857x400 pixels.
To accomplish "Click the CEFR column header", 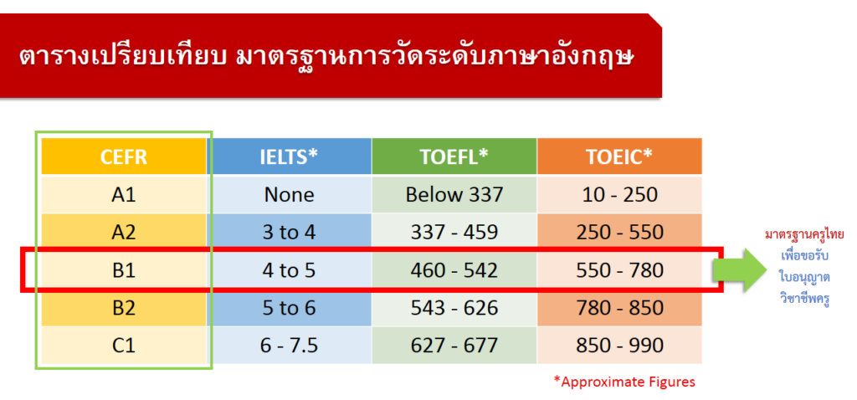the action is click(x=125, y=156).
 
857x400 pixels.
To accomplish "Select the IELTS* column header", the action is click(x=289, y=156).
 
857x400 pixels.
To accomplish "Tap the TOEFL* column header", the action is click(x=454, y=156).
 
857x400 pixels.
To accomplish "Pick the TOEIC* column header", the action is click(x=619, y=156).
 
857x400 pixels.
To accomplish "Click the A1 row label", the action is click(x=125, y=194).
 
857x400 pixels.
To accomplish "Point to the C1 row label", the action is click(x=125, y=346).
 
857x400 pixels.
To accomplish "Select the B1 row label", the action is click(x=125, y=270).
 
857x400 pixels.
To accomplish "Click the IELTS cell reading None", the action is click(x=289, y=194).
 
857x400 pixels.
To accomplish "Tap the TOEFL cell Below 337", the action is click(x=454, y=194).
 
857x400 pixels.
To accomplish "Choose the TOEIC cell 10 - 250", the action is click(x=619, y=194).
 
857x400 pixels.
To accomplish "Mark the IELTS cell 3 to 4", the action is click(x=289, y=233).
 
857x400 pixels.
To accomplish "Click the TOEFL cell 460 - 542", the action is click(x=454, y=270).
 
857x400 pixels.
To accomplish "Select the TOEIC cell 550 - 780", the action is click(x=619, y=270).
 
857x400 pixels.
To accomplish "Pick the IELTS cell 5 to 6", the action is click(x=289, y=308).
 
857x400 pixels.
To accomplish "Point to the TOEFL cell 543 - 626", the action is click(x=454, y=308).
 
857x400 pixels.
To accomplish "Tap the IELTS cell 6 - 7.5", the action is click(x=289, y=346).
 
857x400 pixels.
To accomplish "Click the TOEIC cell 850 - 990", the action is click(x=619, y=346).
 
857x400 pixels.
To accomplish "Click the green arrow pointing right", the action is click(x=738, y=269).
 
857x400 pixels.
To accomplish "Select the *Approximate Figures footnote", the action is click(x=624, y=382).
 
